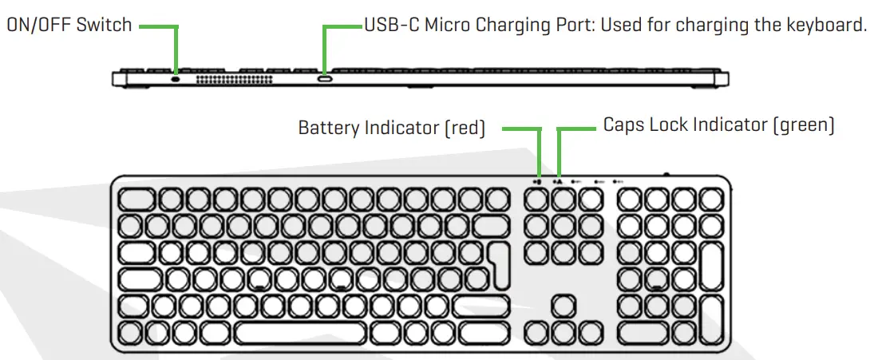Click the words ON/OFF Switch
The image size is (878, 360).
69,25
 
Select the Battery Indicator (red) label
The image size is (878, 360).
391,128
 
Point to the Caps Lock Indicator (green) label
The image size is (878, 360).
718,125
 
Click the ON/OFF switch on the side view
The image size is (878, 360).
175,79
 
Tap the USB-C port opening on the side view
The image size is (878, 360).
325,79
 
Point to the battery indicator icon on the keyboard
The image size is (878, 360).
539,181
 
